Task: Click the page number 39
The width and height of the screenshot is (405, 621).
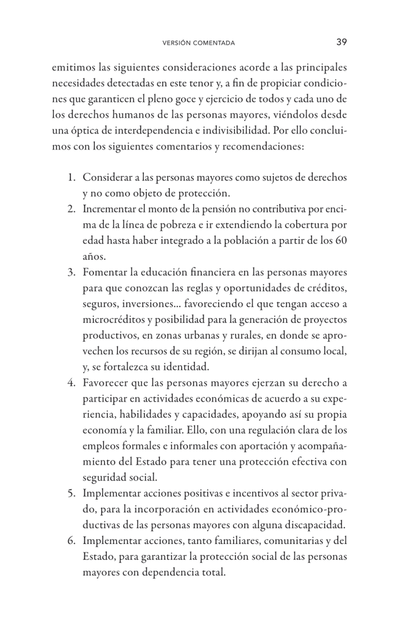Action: pyautogui.click(x=341, y=42)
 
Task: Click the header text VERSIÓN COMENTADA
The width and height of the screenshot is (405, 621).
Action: pyautogui.click(x=199, y=43)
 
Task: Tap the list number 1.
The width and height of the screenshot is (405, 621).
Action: pyautogui.click(x=71, y=178)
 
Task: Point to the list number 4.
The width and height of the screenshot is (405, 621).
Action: pyautogui.click(x=71, y=382)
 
